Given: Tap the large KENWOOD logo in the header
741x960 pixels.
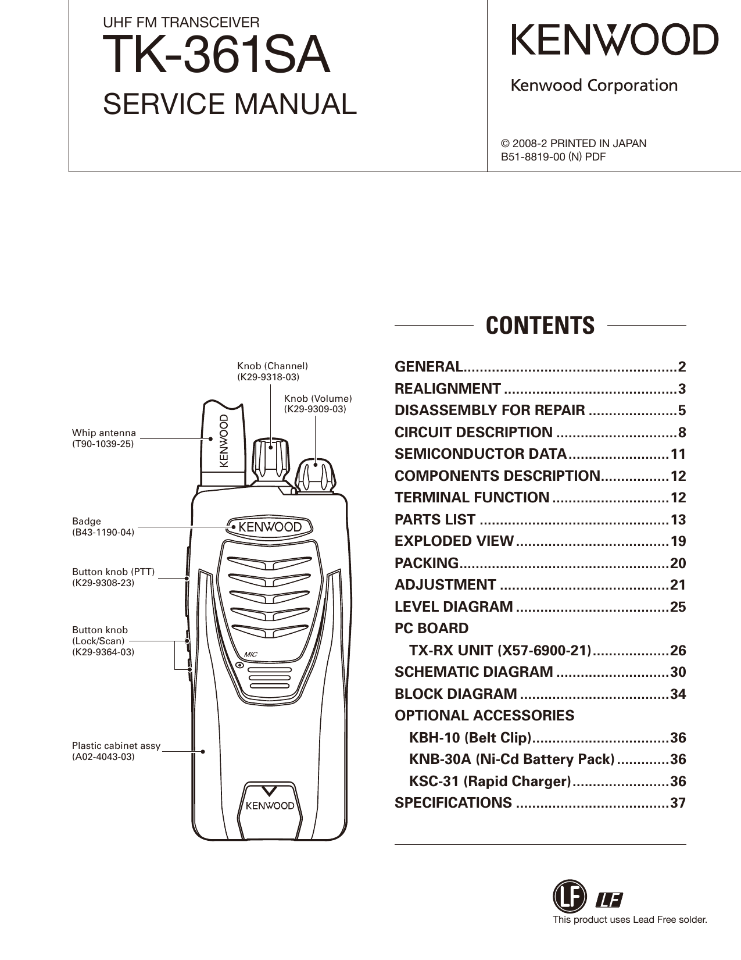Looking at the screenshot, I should (614, 40).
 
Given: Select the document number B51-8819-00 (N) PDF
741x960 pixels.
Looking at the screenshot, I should (553, 156).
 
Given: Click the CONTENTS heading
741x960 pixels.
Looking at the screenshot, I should (540, 326).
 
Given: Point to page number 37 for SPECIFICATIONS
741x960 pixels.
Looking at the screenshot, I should (678, 803).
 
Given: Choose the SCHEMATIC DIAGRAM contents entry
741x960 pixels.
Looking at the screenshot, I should (474, 672).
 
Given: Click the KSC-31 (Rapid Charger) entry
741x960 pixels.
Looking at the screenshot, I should (489, 781).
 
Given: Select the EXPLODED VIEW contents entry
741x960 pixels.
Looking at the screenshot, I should (454, 541).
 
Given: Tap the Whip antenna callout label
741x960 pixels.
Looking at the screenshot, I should (104, 433).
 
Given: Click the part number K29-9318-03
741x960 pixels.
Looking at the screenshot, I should (269, 377).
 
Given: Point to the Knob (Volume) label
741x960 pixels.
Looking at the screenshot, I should (318, 398).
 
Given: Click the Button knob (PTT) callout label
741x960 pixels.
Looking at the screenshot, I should (113, 572).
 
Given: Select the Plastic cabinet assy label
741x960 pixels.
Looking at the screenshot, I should (116, 745).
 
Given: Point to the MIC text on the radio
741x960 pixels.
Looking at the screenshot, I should (250, 654).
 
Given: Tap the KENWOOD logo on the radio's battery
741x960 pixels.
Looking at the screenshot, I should (270, 806).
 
